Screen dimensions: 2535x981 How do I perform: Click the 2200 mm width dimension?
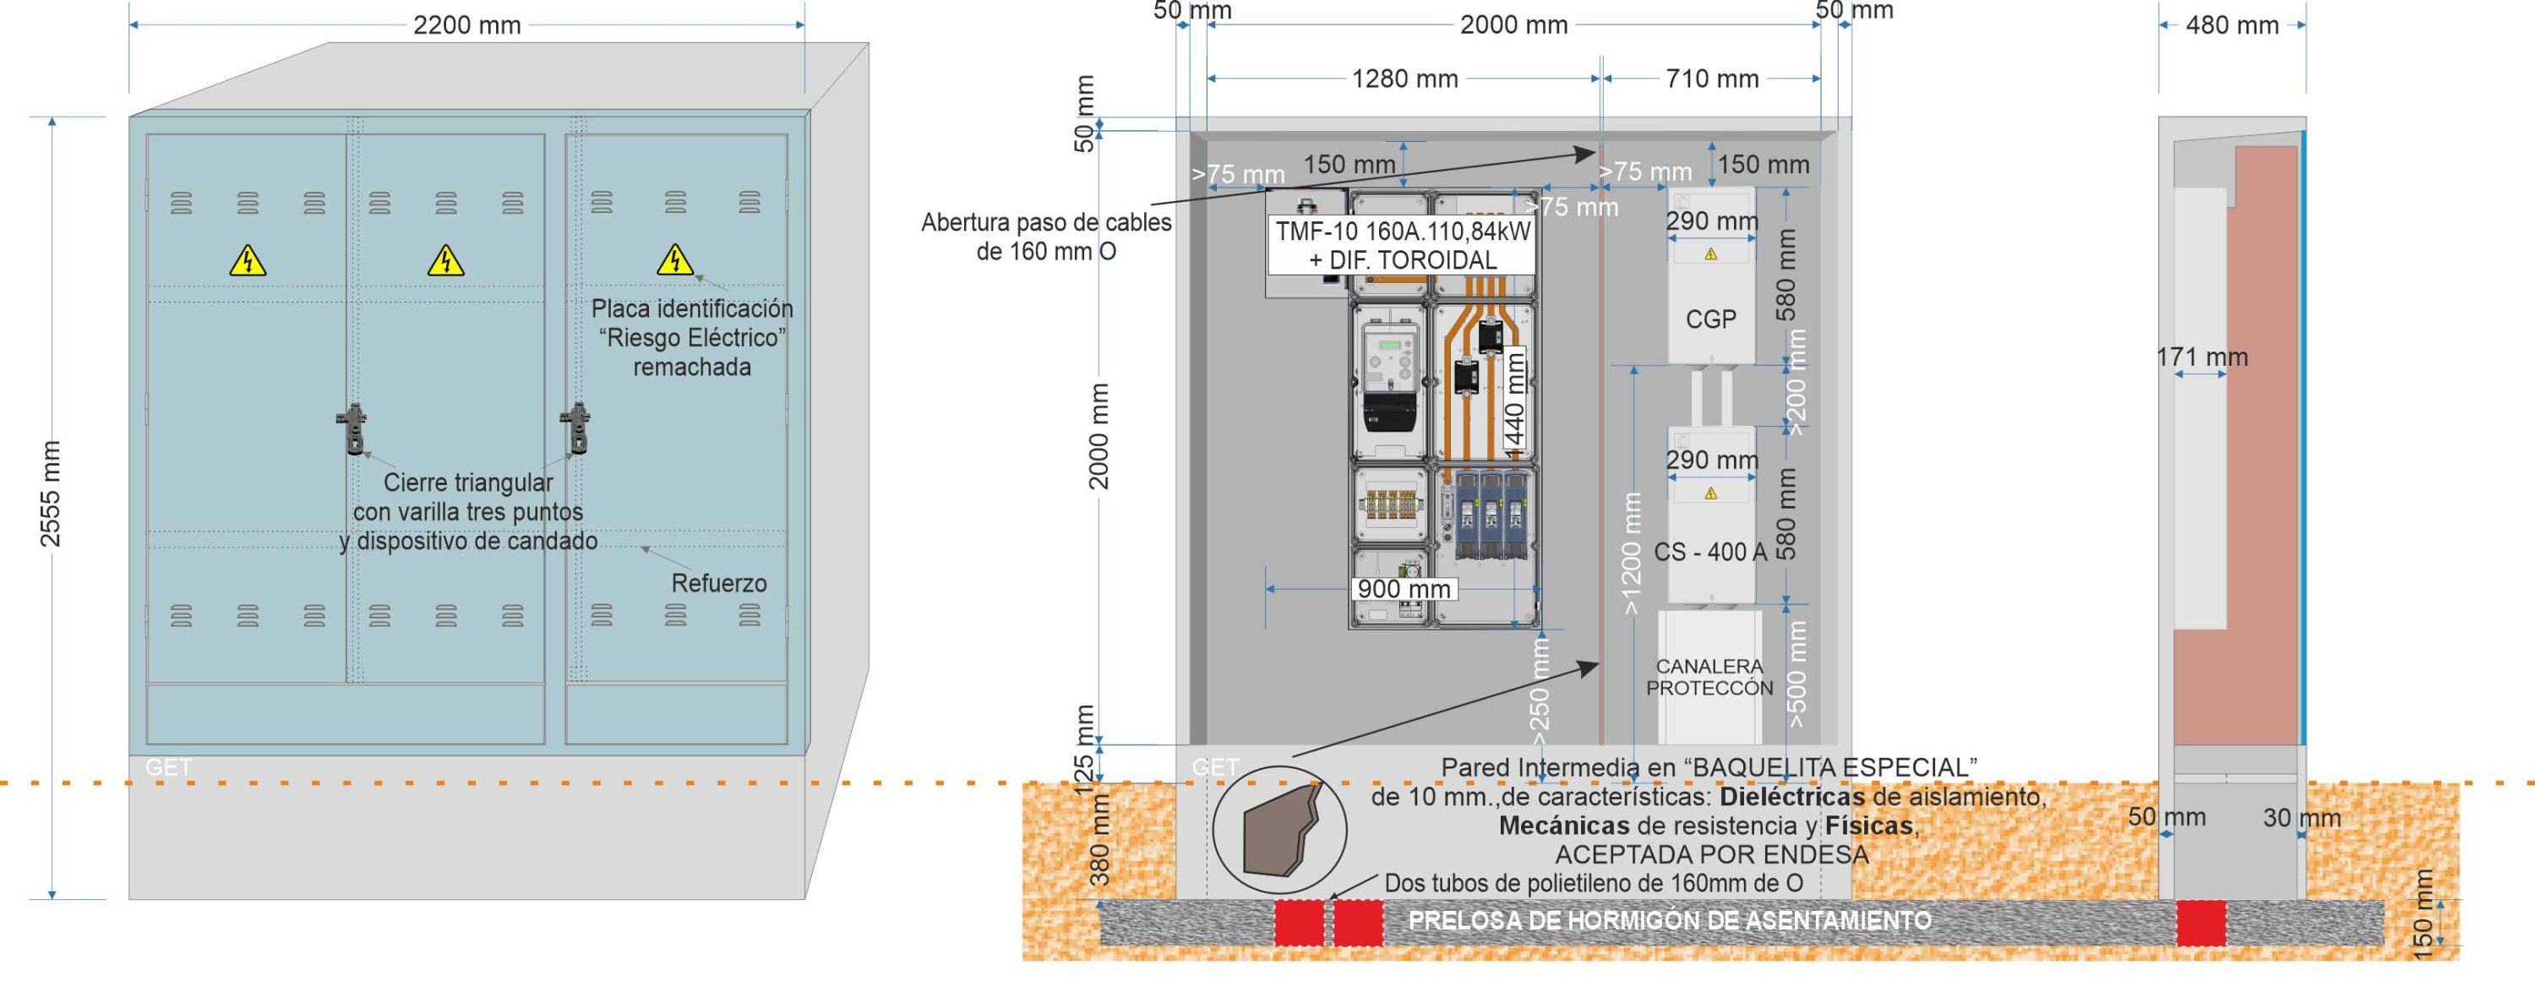click(x=466, y=25)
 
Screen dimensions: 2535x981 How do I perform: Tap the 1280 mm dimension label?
click(x=1404, y=79)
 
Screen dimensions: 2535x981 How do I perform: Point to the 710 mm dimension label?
click(x=1711, y=79)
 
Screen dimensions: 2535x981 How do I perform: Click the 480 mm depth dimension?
click(x=2232, y=25)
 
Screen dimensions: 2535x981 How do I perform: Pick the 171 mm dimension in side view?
click(x=2202, y=357)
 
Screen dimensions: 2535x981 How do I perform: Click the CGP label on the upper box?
click(x=1710, y=319)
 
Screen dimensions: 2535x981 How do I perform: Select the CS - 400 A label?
click(x=1710, y=552)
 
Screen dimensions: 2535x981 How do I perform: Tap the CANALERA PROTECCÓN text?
click(x=1709, y=677)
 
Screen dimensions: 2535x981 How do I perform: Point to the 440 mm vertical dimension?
click(x=1515, y=399)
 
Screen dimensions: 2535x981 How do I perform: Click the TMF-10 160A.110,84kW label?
click(x=1404, y=232)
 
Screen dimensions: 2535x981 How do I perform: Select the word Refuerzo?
click(x=718, y=584)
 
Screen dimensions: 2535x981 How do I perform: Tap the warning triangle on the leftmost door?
click(x=247, y=261)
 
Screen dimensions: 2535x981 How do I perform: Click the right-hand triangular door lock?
click(x=575, y=428)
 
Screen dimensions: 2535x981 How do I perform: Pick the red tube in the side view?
click(x=2200, y=923)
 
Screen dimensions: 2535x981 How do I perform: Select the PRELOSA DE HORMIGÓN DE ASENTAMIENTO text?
click(x=1669, y=921)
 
